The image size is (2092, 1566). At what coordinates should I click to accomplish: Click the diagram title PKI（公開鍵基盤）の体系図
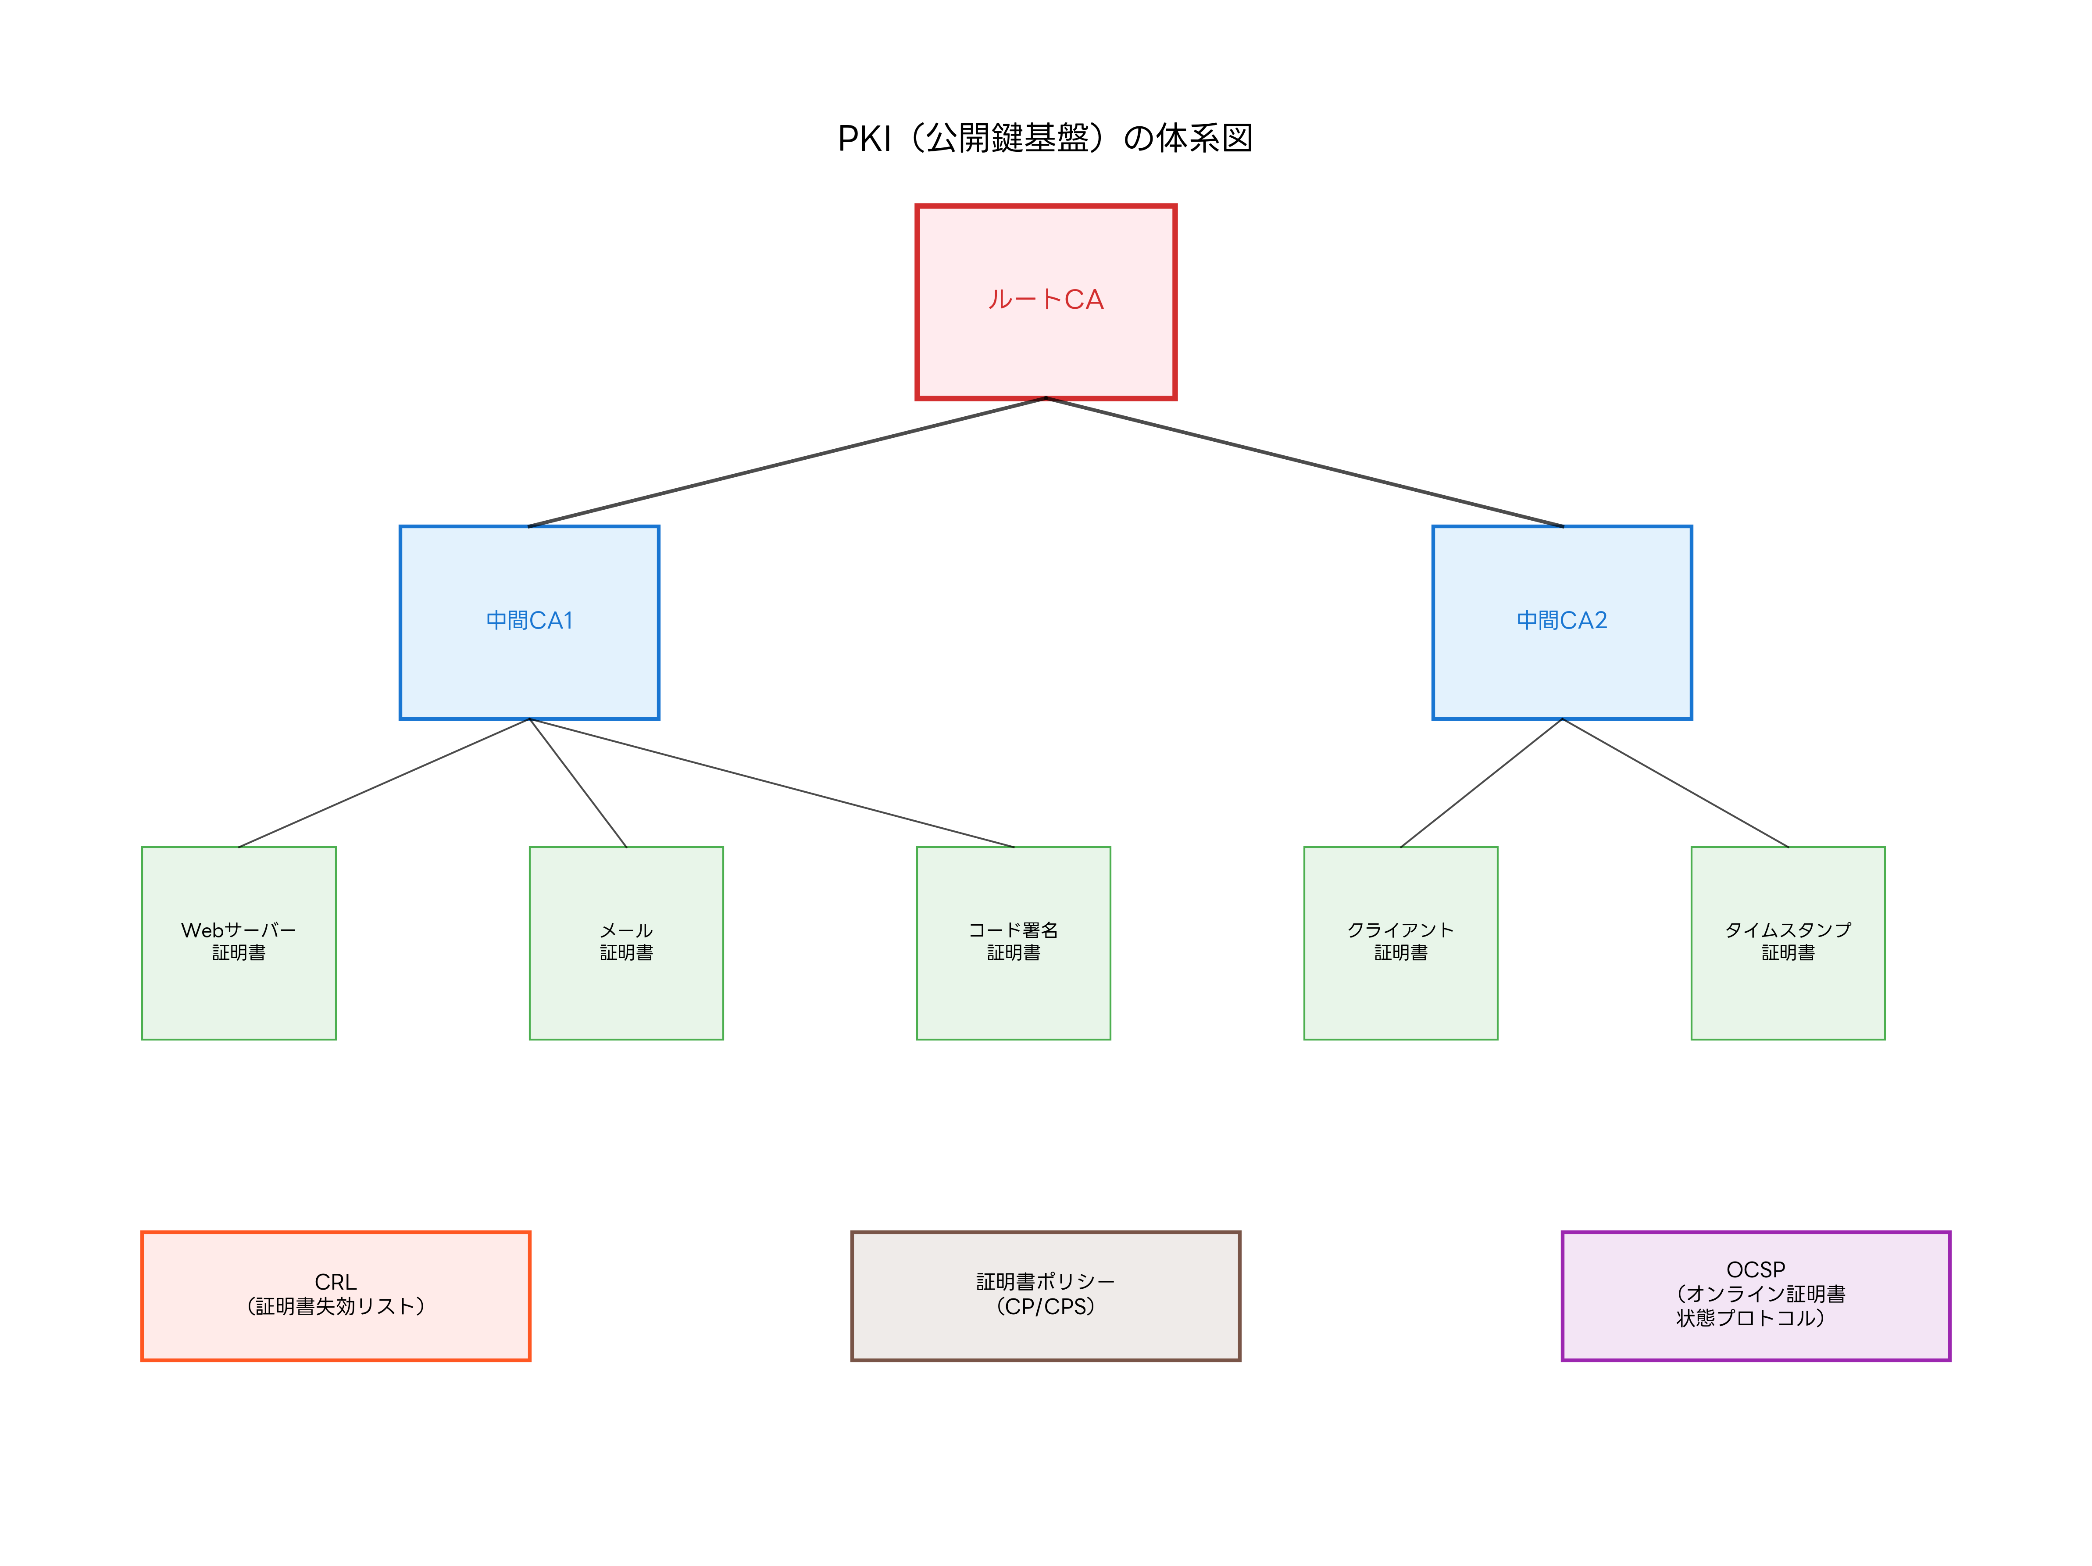point(1045,138)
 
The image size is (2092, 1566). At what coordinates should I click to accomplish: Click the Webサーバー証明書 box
point(238,983)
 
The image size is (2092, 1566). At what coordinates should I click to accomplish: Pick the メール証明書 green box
point(626,983)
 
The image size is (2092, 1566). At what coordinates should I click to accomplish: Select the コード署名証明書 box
point(1013,983)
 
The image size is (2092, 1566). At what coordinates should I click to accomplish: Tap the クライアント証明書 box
point(1401,983)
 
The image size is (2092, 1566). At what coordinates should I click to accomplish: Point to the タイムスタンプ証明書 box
point(1788,983)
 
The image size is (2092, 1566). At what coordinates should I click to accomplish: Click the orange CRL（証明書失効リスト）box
point(336,1334)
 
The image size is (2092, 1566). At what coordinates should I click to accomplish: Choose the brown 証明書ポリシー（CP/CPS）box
point(1045,1334)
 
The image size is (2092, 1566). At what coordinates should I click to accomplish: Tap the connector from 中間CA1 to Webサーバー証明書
point(384,783)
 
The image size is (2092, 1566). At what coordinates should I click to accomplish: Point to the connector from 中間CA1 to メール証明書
point(578,783)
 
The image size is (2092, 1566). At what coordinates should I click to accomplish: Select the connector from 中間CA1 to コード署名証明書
point(772,783)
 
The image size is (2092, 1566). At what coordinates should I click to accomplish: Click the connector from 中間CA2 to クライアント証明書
point(1481,783)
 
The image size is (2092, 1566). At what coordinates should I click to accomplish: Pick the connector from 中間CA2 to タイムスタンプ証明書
point(1675,783)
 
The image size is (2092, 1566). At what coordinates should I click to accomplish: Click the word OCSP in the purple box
point(1755,1269)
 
